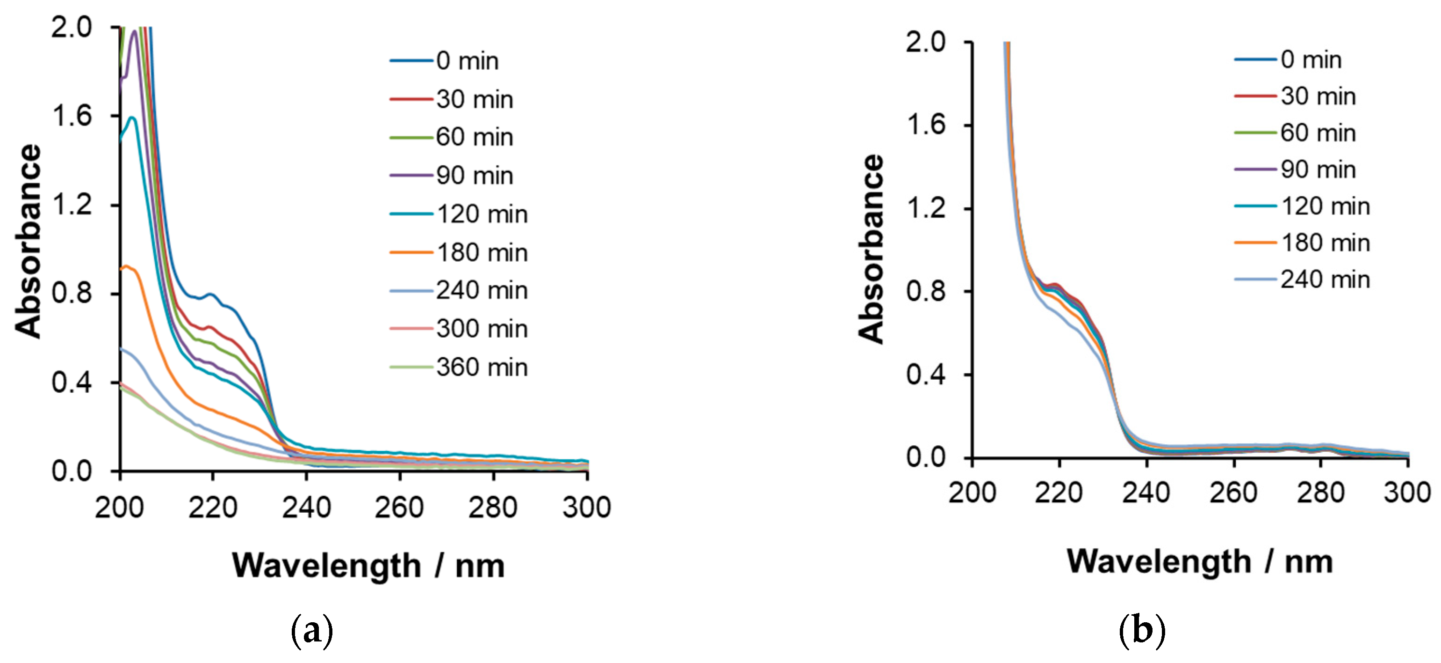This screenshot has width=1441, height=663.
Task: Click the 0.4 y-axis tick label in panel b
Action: tap(926, 374)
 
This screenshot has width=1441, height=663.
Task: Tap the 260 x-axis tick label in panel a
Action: tap(399, 508)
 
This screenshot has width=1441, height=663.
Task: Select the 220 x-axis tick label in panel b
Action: tap(1059, 493)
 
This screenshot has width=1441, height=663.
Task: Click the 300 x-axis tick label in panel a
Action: tap(586, 508)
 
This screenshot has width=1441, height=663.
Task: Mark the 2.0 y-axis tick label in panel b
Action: tap(926, 42)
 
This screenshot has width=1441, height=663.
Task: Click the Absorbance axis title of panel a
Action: tap(28, 241)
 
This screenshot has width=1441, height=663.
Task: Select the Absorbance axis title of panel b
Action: tap(871, 249)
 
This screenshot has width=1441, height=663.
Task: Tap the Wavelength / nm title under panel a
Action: tap(368, 566)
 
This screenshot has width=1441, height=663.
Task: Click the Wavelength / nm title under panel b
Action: tap(1199, 562)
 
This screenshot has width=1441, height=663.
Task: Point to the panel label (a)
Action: tap(312, 631)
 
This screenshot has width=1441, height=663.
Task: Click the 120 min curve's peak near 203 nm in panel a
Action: tap(133, 117)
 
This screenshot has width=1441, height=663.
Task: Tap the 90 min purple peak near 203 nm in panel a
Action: tap(134, 31)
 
